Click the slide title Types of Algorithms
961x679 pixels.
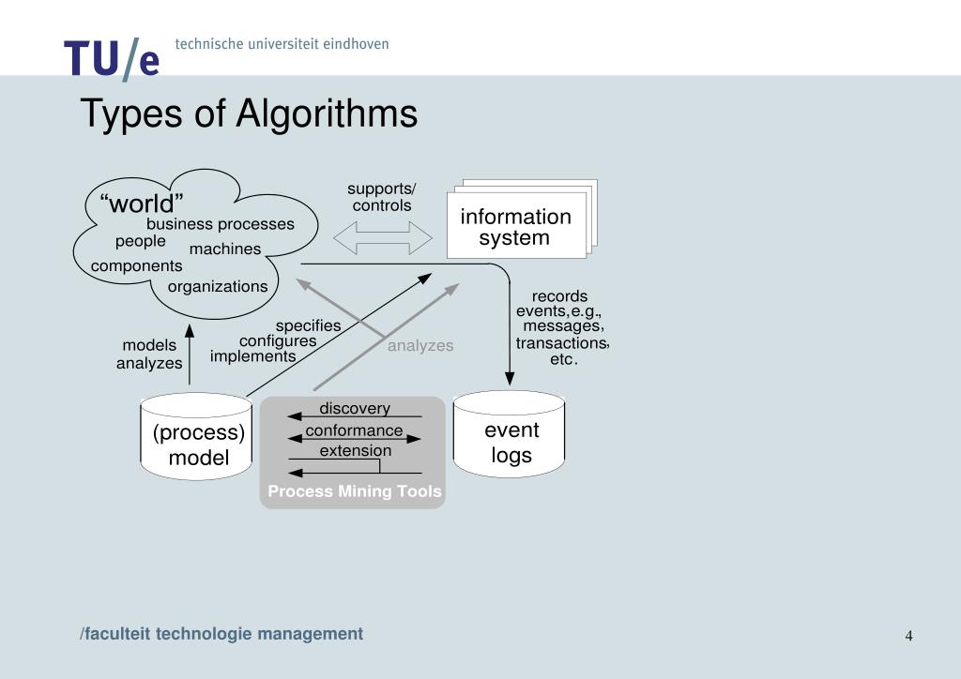tap(249, 114)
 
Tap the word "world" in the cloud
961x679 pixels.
tap(142, 204)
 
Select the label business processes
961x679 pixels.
tap(221, 225)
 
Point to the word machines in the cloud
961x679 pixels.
tap(225, 249)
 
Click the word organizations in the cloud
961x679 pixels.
tap(218, 287)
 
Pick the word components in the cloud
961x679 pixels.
tap(137, 266)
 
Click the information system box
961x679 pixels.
tap(515, 227)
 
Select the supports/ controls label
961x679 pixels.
tap(382, 197)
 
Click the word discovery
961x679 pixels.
tap(355, 409)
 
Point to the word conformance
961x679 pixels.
tap(354, 431)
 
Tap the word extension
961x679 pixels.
tap(356, 451)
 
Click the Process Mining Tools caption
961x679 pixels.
tap(355, 491)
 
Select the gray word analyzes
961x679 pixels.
tap(420, 346)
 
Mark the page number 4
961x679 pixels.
tap(908, 636)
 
